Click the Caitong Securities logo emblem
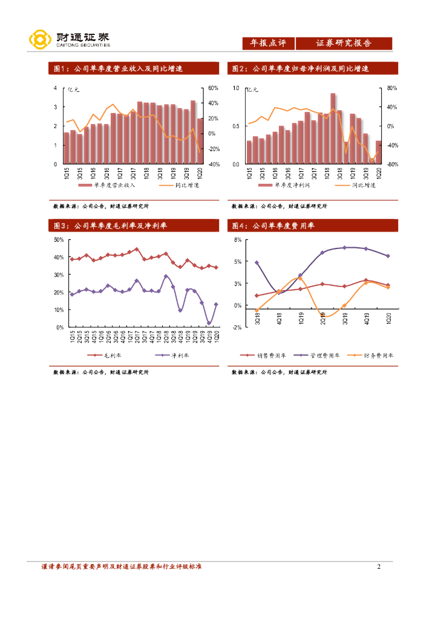39,41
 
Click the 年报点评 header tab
267,44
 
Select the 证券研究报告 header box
344,44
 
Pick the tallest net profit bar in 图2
333,128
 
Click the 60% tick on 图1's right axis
213,88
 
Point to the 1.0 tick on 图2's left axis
235,88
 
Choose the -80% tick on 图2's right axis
392,164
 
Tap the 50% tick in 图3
59,240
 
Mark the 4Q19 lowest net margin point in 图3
209,323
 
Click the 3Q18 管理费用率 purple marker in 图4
257,263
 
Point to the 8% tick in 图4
238,240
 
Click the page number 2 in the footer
379,567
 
